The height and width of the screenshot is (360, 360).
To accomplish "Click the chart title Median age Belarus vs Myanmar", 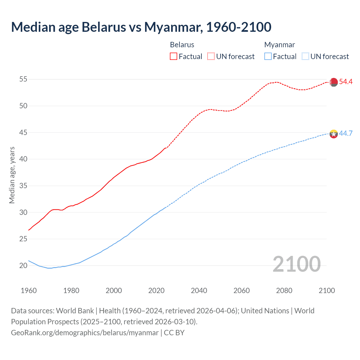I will pos(141,27).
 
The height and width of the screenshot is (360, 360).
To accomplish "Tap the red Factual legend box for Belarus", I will pos(174,56).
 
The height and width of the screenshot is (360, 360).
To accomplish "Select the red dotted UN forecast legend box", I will pos(211,56).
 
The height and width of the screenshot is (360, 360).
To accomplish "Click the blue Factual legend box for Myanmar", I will pos(268,56).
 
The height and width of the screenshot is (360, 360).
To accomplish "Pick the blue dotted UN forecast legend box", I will pos(305,56).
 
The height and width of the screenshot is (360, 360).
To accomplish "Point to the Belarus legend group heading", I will pos(182,45).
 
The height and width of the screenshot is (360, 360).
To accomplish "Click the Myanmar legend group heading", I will pos(279,45).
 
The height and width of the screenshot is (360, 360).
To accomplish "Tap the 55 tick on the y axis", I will pos(23,79).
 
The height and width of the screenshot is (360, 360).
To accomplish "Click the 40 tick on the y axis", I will pos(23,159).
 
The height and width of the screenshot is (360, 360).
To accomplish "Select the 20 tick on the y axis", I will pos(23,265).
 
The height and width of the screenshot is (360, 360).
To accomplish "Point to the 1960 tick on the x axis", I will pos(29,291).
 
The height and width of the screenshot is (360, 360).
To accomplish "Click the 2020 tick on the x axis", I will pos(156,291).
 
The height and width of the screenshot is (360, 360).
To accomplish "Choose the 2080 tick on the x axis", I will pos(284,291).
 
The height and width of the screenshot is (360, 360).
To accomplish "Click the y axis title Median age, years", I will pos(12,175).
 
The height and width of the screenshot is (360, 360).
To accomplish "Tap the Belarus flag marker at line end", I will pos(334,82).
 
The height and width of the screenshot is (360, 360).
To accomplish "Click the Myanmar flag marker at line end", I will pos(334,134).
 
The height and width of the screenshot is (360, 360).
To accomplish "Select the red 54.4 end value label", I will pos(346,82).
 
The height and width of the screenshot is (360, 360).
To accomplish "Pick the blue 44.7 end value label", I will pos(346,133).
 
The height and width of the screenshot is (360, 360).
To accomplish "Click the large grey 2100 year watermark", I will pos(296,264).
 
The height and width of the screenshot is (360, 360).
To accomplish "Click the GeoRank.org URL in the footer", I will pos(85,333).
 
